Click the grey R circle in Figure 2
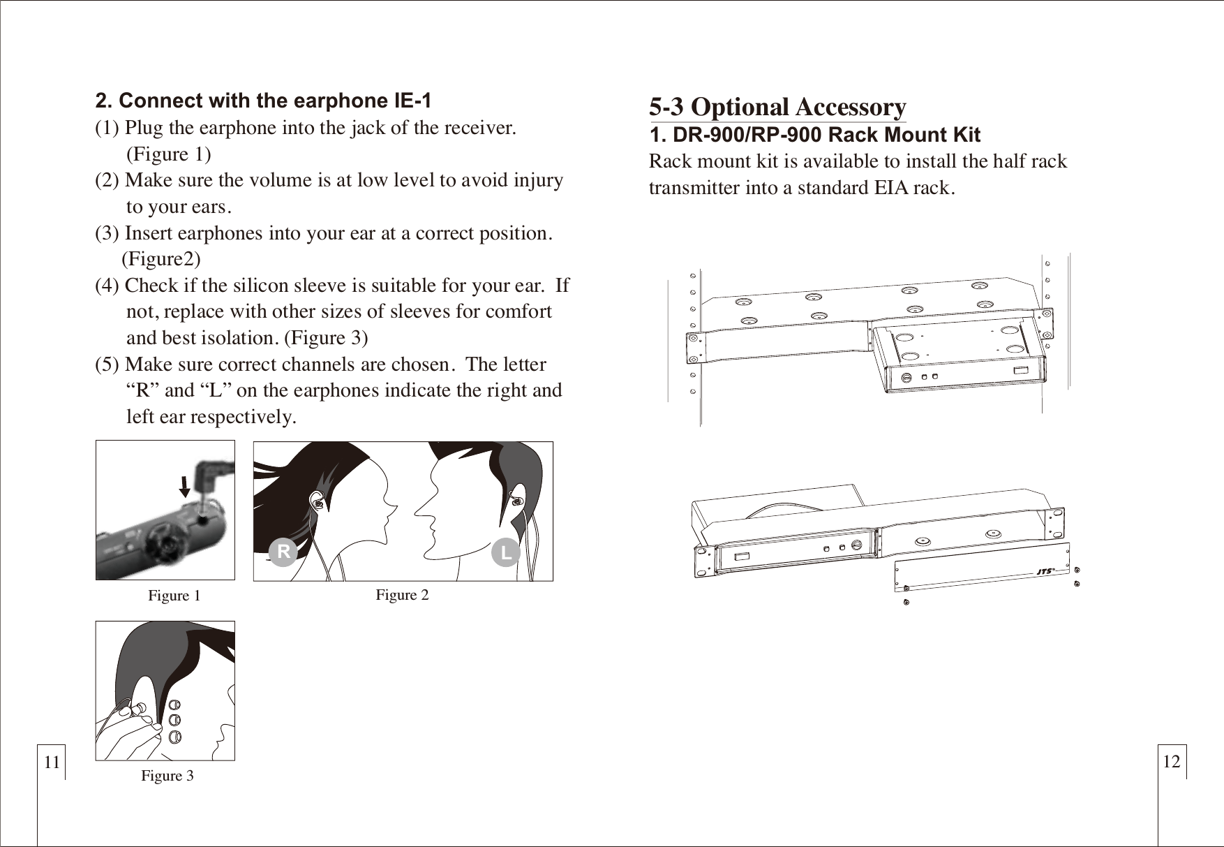click(x=283, y=552)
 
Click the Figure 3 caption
click(x=167, y=776)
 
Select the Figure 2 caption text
click(x=402, y=595)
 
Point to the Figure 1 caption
click(x=174, y=596)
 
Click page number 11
click(x=52, y=762)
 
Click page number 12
click(x=1172, y=761)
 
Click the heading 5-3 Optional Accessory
click(x=777, y=107)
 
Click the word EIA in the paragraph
click(x=894, y=188)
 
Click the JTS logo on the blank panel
click(x=1044, y=571)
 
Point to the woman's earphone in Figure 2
click(x=318, y=502)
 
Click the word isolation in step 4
click(x=237, y=338)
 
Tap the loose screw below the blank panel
click(x=906, y=603)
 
